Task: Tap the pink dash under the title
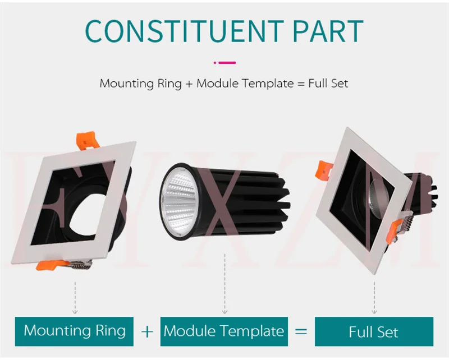tap(224, 63)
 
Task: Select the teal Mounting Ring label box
tap(75, 330)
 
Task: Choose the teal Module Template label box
tap(224, 330)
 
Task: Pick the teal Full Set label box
tap(373, 331)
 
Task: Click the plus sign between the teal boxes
tap(147, 331)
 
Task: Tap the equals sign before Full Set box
tap(301, 331)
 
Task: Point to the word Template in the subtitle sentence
tap(270, 84)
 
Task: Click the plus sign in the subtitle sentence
tap(189, 84)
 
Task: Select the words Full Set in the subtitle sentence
tap(328, 84)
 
